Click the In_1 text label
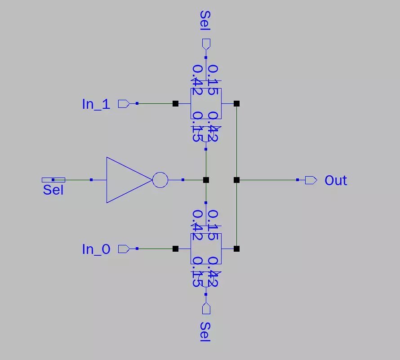coord(96,104)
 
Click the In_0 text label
coord(96,249)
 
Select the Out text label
coord(336,181)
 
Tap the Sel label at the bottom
coord(205,332)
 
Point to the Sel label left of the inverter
coord(53,190)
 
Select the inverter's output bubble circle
coord(160,180)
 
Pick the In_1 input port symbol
coord(124,104)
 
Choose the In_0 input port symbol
coord(124,249)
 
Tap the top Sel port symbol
coord(206,44)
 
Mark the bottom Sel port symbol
coord(206,309)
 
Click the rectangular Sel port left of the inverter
coord(53,180)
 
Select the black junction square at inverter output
coord(206,180)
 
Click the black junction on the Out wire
coord(237,180)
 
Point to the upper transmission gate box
coord(206,103)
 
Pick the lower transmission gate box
coord(206,249)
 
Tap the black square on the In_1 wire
coord(175,103)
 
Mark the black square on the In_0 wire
coord(175,249)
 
